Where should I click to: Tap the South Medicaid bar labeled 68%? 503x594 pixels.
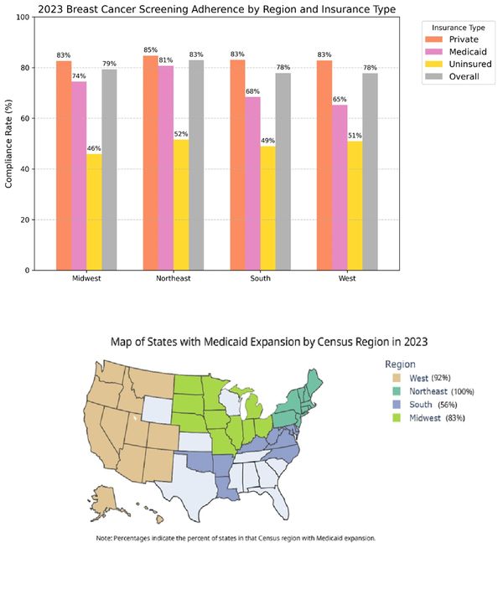coord(252,183)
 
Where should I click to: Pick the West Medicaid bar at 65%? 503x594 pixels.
coord(340,188)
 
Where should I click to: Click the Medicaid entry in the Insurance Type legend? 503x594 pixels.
coord(459,51)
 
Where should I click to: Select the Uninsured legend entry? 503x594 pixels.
coord(461,64)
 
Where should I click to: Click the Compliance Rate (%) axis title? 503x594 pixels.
coord(10,143)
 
